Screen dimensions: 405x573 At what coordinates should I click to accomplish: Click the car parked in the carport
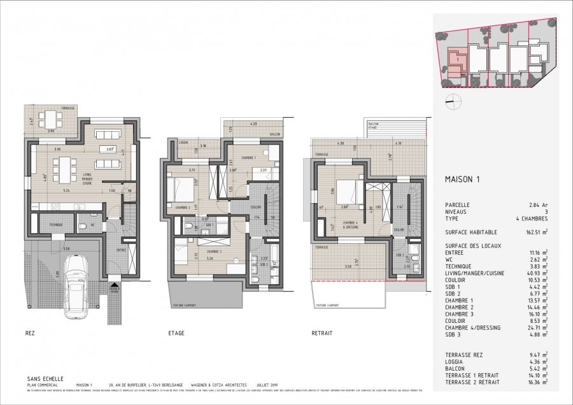[x=78, y=278]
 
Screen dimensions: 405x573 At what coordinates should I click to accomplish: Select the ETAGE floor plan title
[x=176, y=332]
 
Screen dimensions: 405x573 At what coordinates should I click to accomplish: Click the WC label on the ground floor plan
[x=93, y=224]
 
